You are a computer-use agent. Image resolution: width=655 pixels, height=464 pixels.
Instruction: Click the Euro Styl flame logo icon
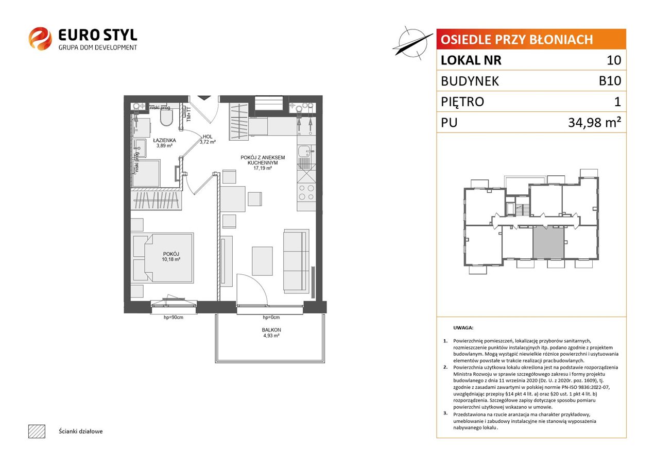pos(40,39)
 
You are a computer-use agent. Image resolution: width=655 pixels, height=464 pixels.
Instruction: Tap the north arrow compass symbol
pos(412,43)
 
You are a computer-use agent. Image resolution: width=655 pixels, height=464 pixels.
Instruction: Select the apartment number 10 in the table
pos(614,60)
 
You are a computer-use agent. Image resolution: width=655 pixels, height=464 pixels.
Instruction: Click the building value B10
pos(610,81)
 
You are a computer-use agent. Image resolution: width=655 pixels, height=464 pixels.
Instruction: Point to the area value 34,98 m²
pos(594,122)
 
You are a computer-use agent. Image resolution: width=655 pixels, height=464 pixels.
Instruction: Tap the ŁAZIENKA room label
pos(164,141)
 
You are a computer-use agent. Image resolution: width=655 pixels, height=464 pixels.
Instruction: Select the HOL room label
pos(208,137)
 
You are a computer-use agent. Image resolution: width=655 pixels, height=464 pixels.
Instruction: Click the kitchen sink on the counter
pos(306,152)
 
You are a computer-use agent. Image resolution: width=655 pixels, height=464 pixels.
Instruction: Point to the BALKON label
pos(271,330)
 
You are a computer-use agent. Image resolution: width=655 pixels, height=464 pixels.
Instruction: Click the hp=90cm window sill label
pos(174,318)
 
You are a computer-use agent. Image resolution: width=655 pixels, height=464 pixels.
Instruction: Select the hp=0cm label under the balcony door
pos(271,318)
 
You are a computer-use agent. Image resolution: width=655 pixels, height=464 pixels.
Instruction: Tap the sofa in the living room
pos(296,261)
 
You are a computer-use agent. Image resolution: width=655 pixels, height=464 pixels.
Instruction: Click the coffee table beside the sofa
pos(262,261)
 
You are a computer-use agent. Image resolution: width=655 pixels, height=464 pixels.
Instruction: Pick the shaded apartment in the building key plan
pos(548,242)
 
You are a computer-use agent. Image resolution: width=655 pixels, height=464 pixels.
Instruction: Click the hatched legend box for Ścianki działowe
pos(37,432)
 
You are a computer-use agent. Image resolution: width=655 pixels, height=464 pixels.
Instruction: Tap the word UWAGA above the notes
pos(463,328)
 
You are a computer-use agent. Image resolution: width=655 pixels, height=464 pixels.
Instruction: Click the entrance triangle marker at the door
pos(204,98)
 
